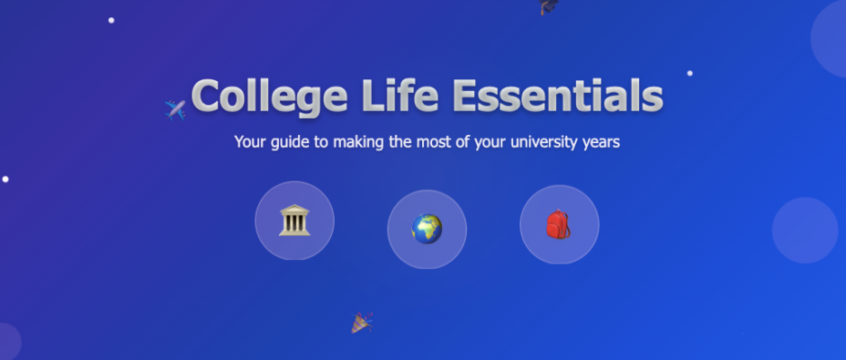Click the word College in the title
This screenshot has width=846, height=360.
pos(269,97)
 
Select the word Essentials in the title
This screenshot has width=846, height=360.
pos(557,95)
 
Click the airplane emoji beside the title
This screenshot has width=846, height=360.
pos(175,110)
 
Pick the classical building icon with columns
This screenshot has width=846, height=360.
pos(294,220)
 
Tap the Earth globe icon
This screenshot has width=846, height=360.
pos(427,229)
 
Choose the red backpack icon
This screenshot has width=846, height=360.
pos(558,224)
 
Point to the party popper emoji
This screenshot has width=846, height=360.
pos(362,322)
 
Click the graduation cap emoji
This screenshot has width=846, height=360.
pos(548,6)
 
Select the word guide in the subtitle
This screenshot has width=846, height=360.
pos(292,142)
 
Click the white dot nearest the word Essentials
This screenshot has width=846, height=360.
pos(689,74)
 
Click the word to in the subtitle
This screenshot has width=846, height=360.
pos(322,142)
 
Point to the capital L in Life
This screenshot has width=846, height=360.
pos(373,95)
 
